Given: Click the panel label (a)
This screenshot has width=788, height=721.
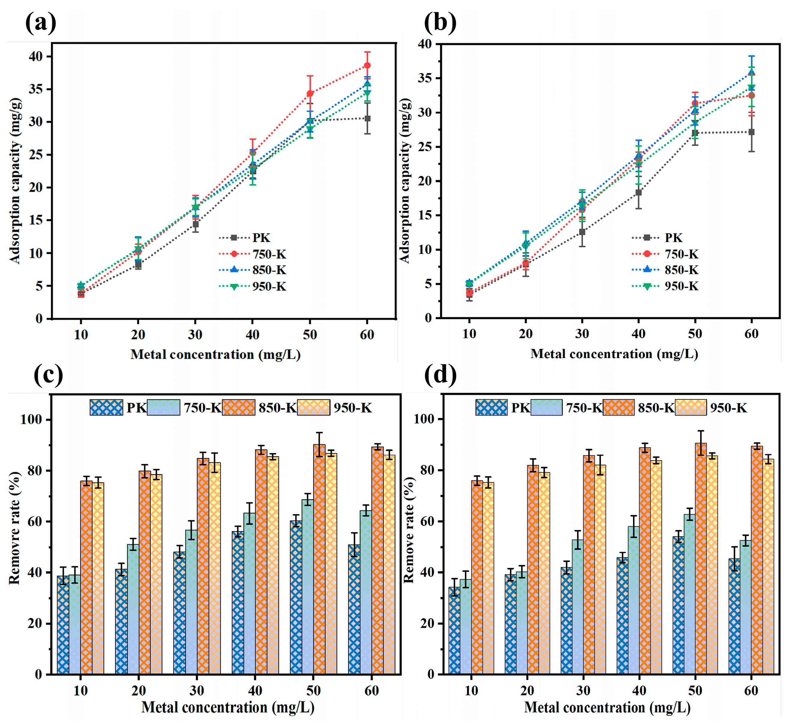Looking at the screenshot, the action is click(41, 23).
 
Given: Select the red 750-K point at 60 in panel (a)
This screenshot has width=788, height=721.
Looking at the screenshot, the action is click(367, 65).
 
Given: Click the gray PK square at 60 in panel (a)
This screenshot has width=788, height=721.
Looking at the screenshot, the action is click(367, 118).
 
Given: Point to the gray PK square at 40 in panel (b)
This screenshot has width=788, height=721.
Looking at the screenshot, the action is click(638, 193).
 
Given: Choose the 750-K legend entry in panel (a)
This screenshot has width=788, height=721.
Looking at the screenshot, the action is click(253, 254).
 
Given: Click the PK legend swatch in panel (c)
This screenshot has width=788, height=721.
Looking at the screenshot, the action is click(106, 407).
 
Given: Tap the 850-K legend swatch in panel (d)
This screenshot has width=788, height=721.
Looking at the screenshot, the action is click(618, 407).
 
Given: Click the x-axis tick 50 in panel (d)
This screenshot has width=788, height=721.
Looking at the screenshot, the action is click(695, 691).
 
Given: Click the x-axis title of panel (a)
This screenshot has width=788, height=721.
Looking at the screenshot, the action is click(215, 354).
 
